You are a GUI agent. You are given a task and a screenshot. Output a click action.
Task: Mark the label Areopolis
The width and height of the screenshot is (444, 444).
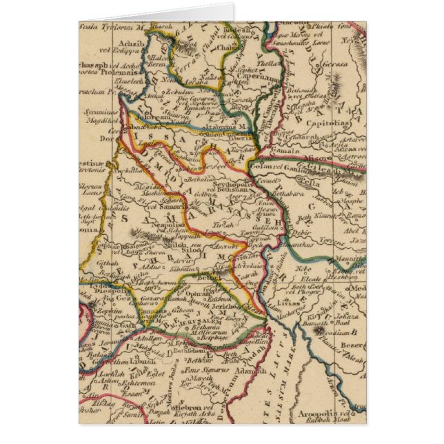point(321,409)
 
